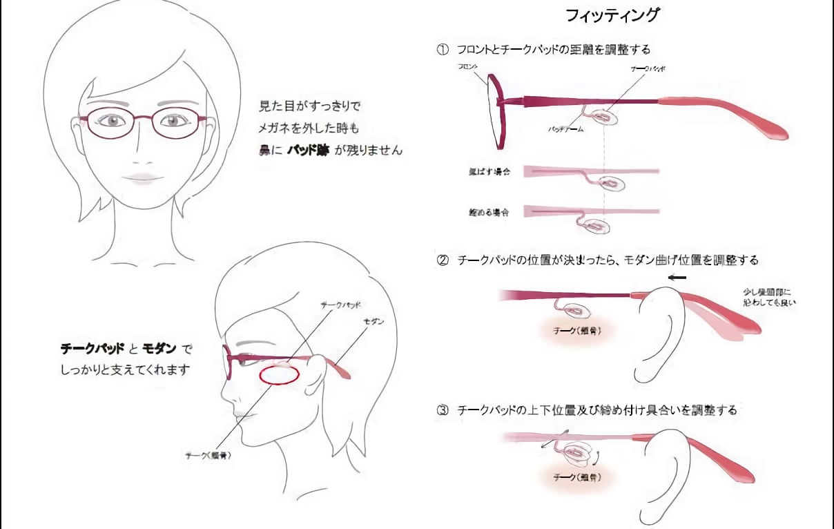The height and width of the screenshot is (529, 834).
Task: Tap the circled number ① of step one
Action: pyautogui.click(x=442, y=50)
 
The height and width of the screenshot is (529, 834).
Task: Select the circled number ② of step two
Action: pyautogui.click(x=442, y=260)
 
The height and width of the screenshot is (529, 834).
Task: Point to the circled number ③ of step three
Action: pyautogui.click(x=442, y=410)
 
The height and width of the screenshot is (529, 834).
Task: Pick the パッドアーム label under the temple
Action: pyautogui.click(x=566, y=128)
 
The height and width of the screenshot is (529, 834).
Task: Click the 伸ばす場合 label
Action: pyautogui.click(x=488, y=171)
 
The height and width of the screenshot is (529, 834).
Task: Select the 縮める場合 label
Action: pyautogui.click(x=488, y=212)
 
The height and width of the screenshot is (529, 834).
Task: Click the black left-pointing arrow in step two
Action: pyautogui.click(x=677, y=277)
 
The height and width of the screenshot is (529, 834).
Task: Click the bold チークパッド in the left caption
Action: pyautogui.click(x=92, y=349)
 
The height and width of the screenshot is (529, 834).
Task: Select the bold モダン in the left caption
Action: pyautogui.click(x=159, y=349)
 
